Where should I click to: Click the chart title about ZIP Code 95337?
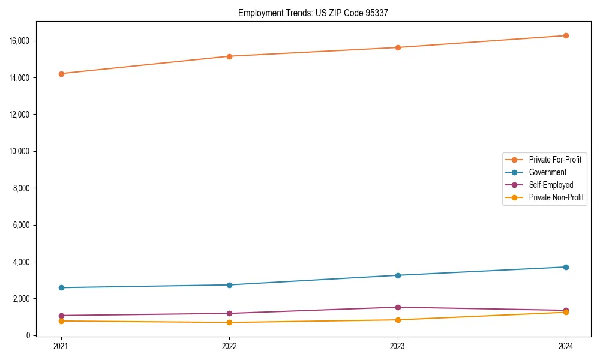(313, 13)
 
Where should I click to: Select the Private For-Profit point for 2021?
(61, 74)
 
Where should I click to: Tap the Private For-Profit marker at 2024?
(566, 35)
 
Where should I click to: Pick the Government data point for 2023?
(398, 275)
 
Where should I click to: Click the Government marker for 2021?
(61, 287)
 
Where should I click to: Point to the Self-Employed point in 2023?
(398, 307)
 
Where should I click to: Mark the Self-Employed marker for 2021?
(61, 316)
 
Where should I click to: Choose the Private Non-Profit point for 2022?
(229, 322)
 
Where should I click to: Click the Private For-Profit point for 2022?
(229, 56)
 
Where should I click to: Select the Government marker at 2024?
(566, 267)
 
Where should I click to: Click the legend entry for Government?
(547, 172)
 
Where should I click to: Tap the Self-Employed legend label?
(551, 185)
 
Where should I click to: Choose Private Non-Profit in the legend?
(556, 197)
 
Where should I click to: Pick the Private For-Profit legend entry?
(555, 160)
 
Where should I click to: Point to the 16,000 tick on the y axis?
(22, 41)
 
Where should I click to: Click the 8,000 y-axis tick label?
(23, 188)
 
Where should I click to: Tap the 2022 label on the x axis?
(229, 346)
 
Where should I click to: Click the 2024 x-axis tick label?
(566, 346)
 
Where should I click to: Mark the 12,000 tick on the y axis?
(22, 115)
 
